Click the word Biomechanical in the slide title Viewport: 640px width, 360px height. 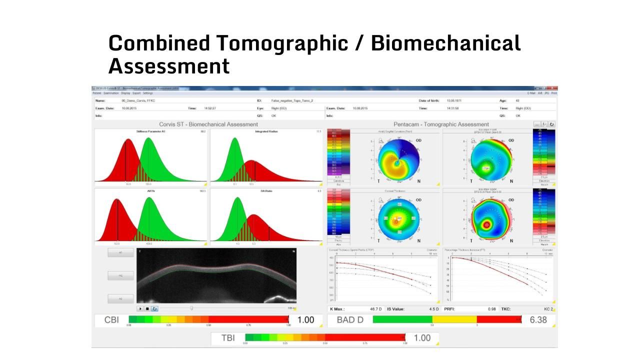(x=445, y=43)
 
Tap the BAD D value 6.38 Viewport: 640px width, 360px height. (x=538, y=320)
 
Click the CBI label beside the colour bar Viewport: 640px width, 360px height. (x=111, y=320)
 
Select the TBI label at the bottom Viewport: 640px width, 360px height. (x=227, y=338)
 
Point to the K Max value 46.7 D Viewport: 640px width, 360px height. (x=375, y=309)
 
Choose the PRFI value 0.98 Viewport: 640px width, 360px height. (x=492, y=309)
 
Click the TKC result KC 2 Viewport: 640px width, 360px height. (x=549, y=309)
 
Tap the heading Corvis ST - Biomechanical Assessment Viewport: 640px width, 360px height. (x=208, y=124)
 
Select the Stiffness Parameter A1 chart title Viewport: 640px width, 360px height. (x=150, y=131)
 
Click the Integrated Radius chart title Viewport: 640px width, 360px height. (x=266, y=131)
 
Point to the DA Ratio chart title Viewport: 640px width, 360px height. (x=266, y=191)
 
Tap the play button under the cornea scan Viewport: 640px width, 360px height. (x=140, y=308)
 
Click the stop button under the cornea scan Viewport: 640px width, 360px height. (x=147, y=308)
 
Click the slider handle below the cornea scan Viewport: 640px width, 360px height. (x=191, y=308)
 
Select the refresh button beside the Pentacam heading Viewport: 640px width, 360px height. (x=551, y=124)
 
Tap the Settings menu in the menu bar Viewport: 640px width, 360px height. (x=147, y=93)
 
